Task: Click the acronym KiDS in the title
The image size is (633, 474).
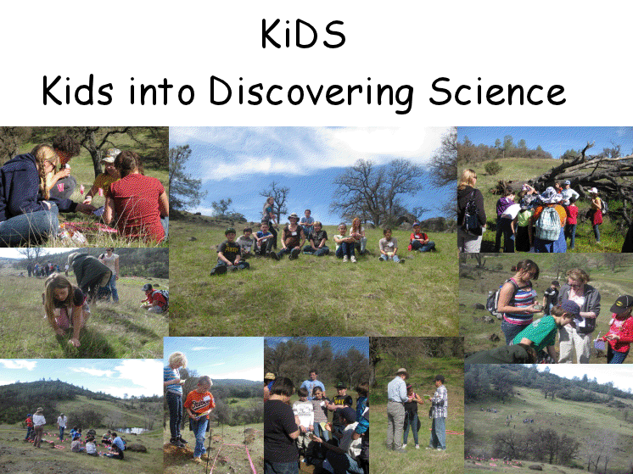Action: click(x=303, y=34)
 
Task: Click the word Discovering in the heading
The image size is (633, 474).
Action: click(x=311, y=92)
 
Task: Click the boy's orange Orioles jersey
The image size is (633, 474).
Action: click(x=199, y=403)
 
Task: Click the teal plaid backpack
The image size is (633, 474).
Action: click(x=548, y=224)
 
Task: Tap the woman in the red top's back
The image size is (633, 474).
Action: click(x=137, y=205)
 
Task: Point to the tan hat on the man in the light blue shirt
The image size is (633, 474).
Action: click(x=401, y=371)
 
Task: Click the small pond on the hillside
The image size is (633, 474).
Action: click(x=134, y=431)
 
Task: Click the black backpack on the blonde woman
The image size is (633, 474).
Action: click(x=473, y=215)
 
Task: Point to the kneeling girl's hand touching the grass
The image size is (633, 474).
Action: click(x=75, y=343)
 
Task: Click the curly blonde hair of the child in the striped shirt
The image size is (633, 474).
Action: click(x=177, y=360)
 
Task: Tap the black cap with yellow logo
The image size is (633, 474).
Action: click(x=622, y=304)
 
